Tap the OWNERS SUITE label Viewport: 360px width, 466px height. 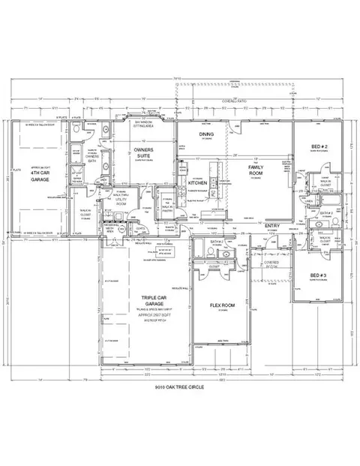144,155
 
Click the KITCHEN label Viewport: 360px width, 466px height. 197,182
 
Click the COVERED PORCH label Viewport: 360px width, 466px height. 272,263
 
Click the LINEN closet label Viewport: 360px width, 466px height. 309,200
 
